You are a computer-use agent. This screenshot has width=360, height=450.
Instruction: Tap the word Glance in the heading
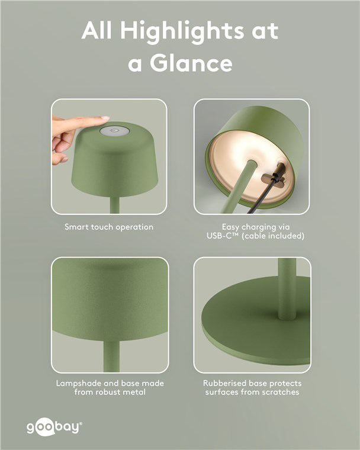point(191,63)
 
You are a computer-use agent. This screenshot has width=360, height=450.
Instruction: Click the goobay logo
point(54,427)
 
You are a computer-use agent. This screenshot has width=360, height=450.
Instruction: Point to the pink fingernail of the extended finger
point(105,118)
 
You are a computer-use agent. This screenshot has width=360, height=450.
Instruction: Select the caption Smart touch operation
point(109,227)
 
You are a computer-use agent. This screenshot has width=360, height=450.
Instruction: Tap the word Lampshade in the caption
point(78,384)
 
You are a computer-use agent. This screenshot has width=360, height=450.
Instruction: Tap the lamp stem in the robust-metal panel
point(111,356)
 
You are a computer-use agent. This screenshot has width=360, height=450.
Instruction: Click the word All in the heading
point(97,30)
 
